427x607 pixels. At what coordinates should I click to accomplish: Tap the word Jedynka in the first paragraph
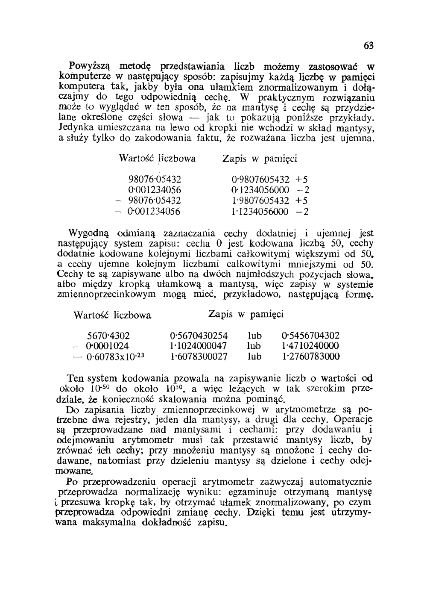pyautogui.click(x=72, y=128)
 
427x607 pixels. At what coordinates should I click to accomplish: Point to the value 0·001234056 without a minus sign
pyautogui.click(x=155, y=190)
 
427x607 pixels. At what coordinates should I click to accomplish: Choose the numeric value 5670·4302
pyautogui.click(x=108, y=335)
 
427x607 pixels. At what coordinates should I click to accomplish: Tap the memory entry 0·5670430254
pyautogui.click(x=199, y=335)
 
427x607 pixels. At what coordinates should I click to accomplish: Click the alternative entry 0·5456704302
pyautogui.click(x=310, y=335)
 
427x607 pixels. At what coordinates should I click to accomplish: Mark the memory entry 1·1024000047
pyautogui.click(x=199, y=346)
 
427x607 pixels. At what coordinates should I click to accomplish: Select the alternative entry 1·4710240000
pyautogui.click(x=310, y=346)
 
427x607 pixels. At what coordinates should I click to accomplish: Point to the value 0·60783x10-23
pyautogui.click(x=115, y=356)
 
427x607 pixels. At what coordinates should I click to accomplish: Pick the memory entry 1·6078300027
pyautogui.click(x=199, y=356)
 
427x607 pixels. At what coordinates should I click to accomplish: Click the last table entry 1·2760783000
pyautogui.click(x=310, y=356)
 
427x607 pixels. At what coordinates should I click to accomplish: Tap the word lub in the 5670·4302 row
pyautogui.click(x=254, y=335)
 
